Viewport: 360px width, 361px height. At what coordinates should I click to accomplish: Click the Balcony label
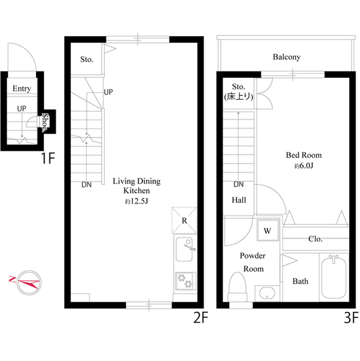click(x=286, y=57)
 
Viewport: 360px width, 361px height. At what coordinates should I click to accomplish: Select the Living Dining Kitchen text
click(x=136, y=186)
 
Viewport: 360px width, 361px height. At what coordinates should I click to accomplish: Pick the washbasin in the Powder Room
click(x=266, y=293)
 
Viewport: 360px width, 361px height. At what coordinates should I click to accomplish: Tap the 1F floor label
click(x=48, y=159)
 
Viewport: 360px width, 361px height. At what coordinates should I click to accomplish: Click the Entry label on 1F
click(x=21, y=89)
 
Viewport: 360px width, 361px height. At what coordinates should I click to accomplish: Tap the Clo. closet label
click(x=315, y=239)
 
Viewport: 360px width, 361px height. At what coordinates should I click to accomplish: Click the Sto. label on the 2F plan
click(x=86, y=59)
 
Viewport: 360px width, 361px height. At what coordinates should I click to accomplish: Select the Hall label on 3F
click(x=239, y=200)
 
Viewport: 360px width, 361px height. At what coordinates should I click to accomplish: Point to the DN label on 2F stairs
click(x=86, y=184)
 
